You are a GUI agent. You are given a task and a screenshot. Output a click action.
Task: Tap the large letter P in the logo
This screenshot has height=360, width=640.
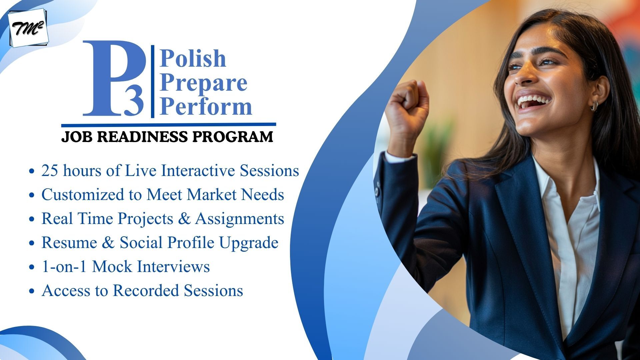pos(110,78)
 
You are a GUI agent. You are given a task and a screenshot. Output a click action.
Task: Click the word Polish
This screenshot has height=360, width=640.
pos(193,58)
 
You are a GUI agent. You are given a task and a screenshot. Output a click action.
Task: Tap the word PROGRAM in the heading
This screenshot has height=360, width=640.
pos(233,137)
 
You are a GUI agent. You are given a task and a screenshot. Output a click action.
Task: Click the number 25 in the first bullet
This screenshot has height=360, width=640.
pos(50,171)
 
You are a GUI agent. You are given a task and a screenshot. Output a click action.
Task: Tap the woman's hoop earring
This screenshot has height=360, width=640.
pos(594,106)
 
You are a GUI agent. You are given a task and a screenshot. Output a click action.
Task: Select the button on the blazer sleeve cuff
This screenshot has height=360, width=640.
pos(377,192)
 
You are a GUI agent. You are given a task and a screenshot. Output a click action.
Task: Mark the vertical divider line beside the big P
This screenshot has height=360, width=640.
pos(153,81)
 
